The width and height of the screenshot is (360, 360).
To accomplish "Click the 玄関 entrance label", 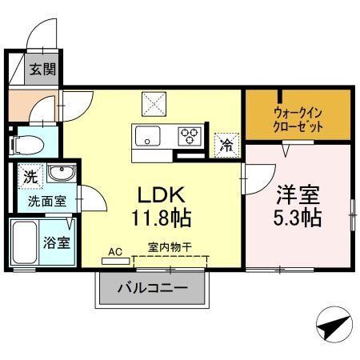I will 43,70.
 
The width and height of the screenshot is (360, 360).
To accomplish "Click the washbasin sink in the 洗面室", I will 58,173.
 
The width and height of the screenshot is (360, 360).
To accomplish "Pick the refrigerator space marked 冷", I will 227,145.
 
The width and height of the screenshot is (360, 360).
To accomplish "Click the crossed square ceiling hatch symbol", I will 153,104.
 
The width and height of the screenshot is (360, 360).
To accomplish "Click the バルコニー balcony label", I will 154,288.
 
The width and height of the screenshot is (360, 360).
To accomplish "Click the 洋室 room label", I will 300,194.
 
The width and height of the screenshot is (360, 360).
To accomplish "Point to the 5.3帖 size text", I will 300,218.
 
